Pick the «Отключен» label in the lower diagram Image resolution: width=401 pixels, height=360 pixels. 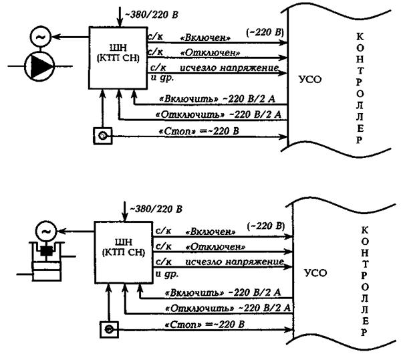[x=212, y=247]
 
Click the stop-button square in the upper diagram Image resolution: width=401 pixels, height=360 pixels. [x=102, y=137]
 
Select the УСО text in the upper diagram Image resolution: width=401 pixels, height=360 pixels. [x=311, y=78]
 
